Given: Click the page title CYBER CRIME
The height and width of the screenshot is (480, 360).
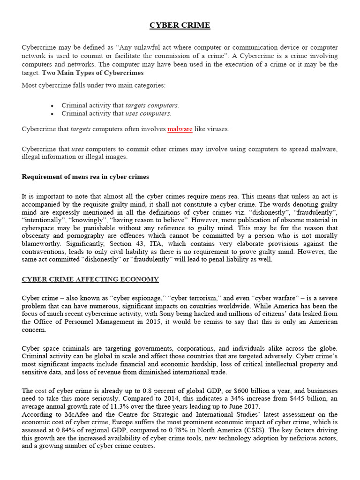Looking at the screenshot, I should [180, 25].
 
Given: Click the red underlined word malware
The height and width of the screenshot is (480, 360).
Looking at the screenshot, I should [180, 129].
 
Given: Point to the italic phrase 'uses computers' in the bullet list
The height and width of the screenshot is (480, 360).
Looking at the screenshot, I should [148, 113].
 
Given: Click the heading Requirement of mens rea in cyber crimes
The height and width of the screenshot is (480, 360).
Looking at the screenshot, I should [85, 177].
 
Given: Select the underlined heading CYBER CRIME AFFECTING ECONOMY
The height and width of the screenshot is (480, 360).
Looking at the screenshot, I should [90, 279].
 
